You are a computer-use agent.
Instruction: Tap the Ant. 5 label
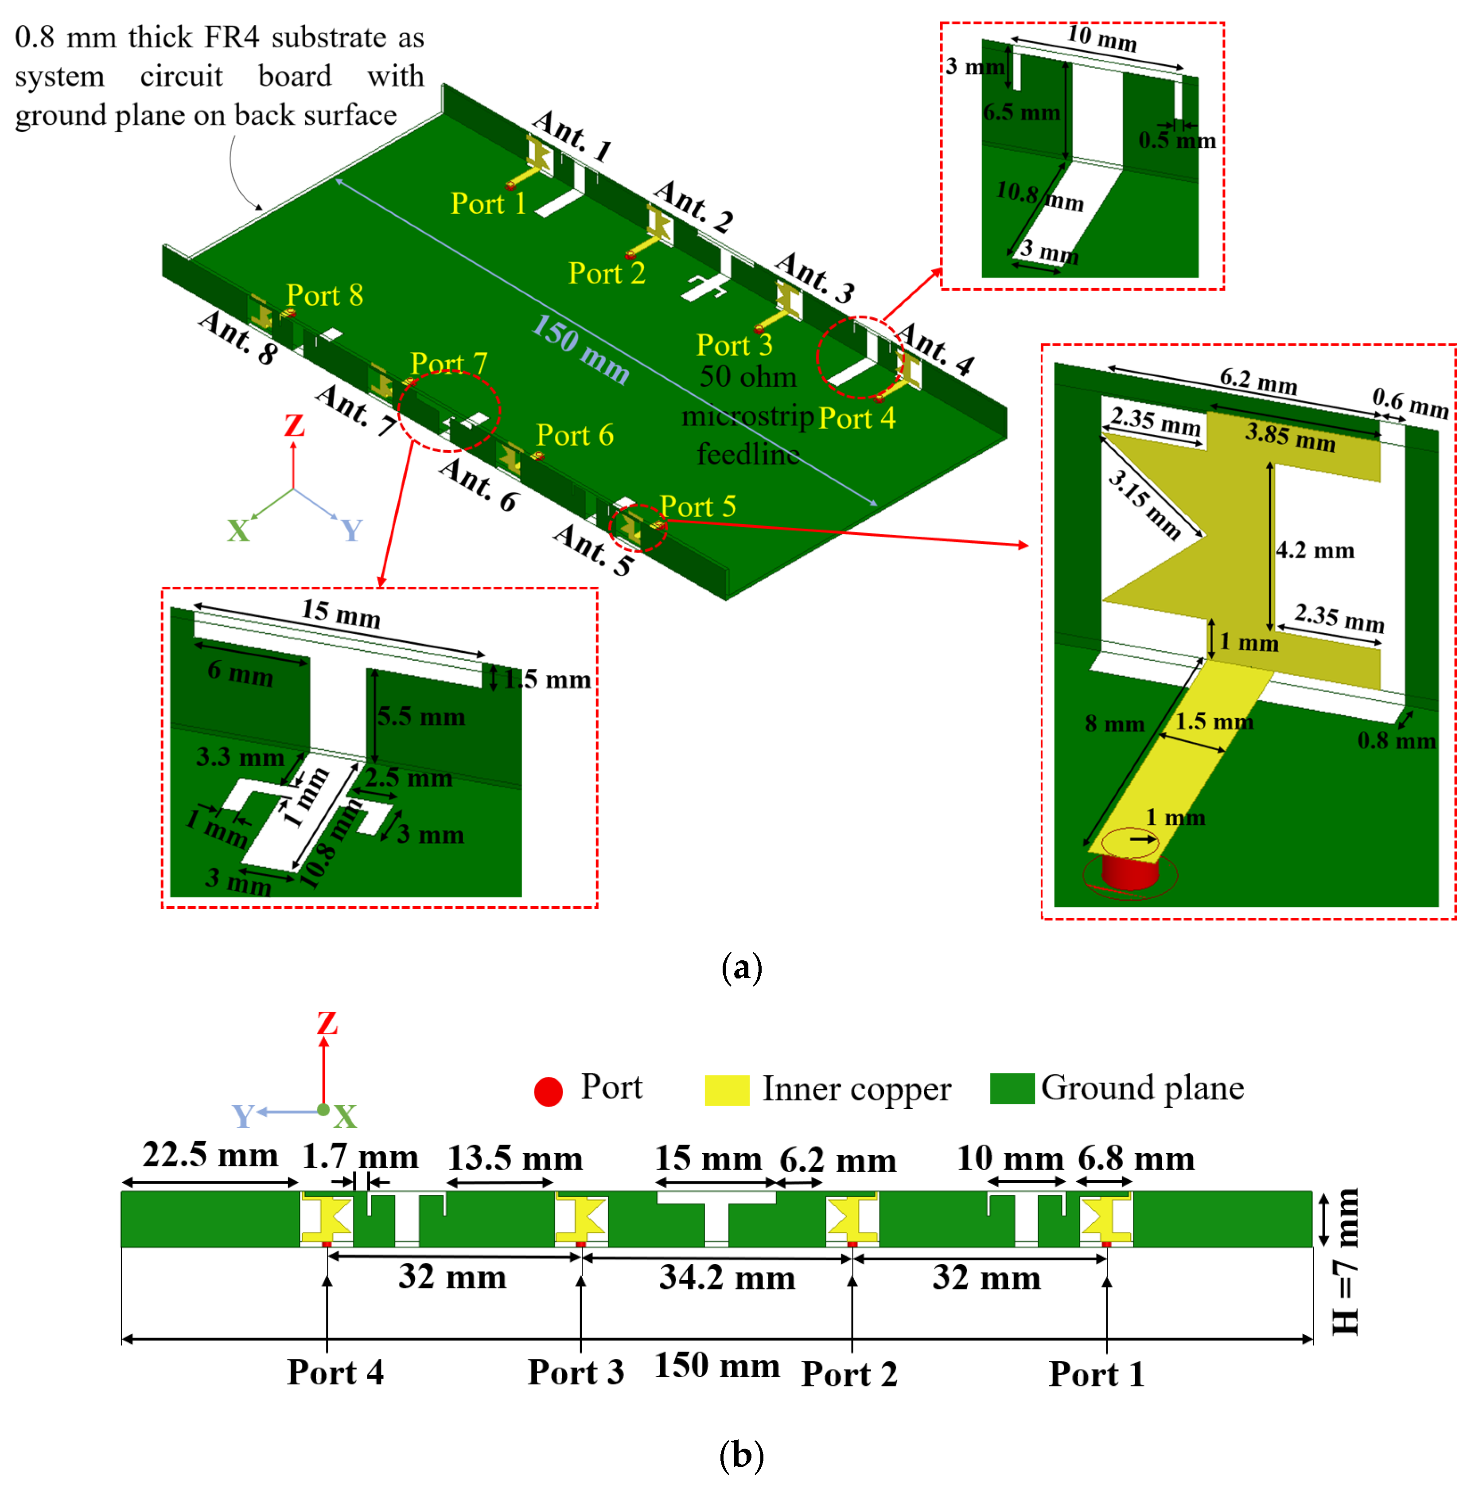pyautogui.click(x=593, y=549)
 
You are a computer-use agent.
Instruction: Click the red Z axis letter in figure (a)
pyautogui.click(x=294, y=425)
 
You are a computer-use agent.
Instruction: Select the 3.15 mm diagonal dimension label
pyautogui.click(x=1144, y=504)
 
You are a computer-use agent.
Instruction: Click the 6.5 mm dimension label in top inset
pyautogui.click(x=1021, y=112)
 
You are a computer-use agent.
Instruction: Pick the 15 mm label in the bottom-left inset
pyautogui.click(x=340, y=613)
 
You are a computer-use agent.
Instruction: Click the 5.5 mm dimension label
pyautogui.click(x=420, y=717)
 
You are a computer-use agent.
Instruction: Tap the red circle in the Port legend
pyautogui.click(x=548, y=1091)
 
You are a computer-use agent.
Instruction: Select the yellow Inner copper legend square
pyautogui.click(x=726, y=1090)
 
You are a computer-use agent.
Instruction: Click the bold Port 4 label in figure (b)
pyautogui.click(x=335, y=1372)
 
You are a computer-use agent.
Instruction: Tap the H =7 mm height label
pyautogui.click(x=1345, y=1261)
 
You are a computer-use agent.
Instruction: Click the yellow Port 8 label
pyautogui.click(x=324, y=295)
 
